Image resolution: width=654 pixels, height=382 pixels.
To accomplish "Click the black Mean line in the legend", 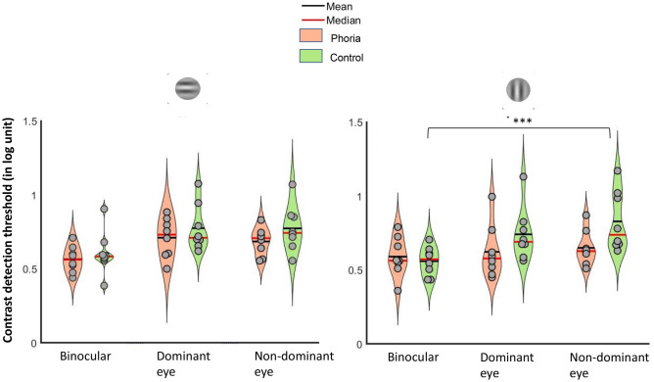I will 313,7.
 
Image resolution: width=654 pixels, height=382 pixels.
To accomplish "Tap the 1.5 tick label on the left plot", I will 40,121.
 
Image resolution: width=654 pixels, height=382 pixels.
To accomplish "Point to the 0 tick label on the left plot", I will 47,343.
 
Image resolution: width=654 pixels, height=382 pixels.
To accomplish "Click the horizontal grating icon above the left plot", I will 188,91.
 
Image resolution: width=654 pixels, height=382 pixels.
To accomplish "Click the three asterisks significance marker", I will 519,121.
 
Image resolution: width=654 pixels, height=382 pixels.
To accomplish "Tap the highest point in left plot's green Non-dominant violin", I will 292,183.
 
